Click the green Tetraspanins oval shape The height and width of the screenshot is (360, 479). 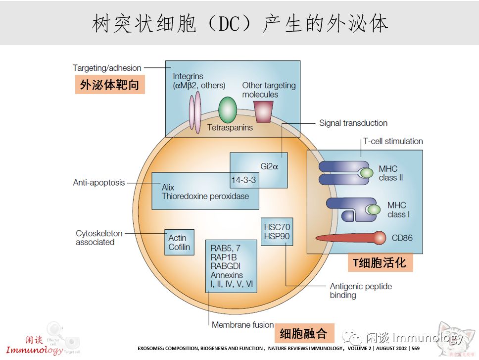tap(228, 109)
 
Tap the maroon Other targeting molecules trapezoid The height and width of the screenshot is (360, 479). tap(263, 111)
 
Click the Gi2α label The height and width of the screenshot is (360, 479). tap(269, 167)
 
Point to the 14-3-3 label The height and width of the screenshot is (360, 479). tap(243, 180)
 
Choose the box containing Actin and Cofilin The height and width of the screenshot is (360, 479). tap(179, 242)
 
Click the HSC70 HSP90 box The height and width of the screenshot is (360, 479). tap(277, 231)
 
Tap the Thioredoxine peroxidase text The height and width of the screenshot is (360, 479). tap(205, 196)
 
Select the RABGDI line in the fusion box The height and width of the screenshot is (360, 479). tap(226, 266)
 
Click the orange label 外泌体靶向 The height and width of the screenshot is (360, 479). tap(109, 85)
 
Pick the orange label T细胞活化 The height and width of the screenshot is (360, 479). tap(380, 262)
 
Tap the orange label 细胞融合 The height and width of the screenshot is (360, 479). tap(303, 333)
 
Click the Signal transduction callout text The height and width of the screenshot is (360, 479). tap(353, 123)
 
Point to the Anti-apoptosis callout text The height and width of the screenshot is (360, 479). tap(99, 183)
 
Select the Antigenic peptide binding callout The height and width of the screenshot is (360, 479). tap(361, 291)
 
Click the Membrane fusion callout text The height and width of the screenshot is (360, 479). tap(242, 325)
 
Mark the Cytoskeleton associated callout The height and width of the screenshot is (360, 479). tap(98, 238)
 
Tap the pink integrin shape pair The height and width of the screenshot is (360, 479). tap(195, 112)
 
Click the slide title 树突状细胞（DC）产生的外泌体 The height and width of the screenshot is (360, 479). tap(239, 23)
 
